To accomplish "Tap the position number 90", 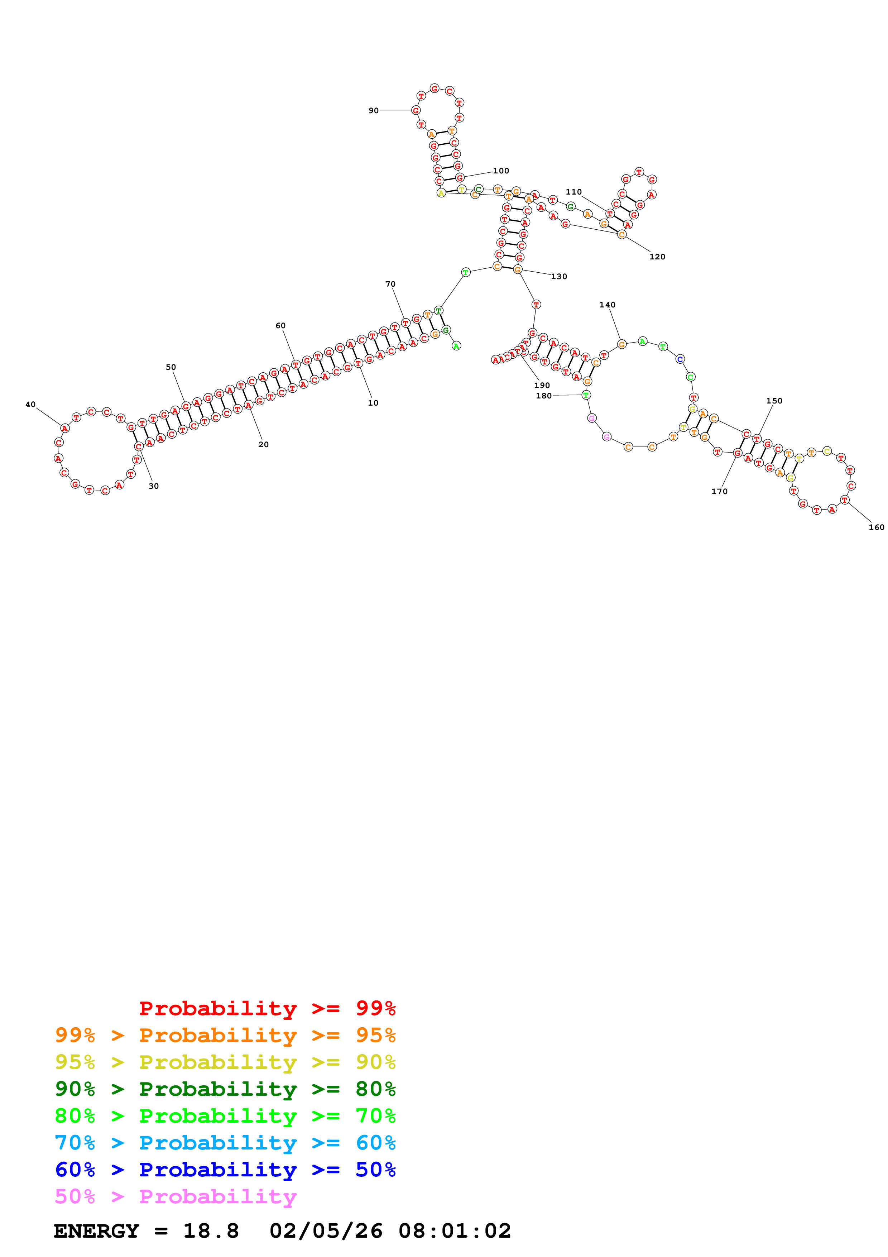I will click(373, 111).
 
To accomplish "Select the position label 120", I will click(657, 257).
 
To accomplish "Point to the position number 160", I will click(876, 527).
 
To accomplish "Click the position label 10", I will click(373, 403).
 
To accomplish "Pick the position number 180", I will click(543, 396).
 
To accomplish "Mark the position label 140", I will click(607, 305).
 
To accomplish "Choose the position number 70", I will click(390, 284).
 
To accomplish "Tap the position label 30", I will click(154, 486).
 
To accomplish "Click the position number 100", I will click(501, 171).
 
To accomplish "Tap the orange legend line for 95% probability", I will click(225, 1035).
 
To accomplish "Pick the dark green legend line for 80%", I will click(225, 1089).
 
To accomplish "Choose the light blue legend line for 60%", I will click(225, 1143).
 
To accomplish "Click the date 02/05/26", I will click(326, 1231).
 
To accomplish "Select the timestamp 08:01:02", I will click(454, 1231).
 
